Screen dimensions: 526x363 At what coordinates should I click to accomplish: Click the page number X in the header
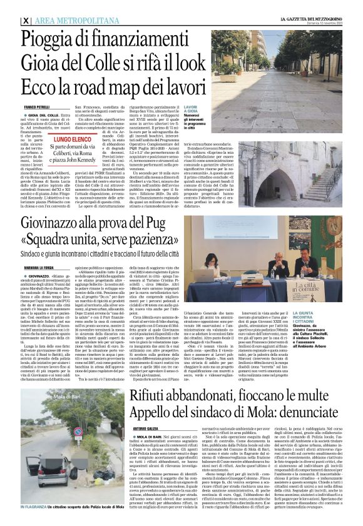click(26, 21)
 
